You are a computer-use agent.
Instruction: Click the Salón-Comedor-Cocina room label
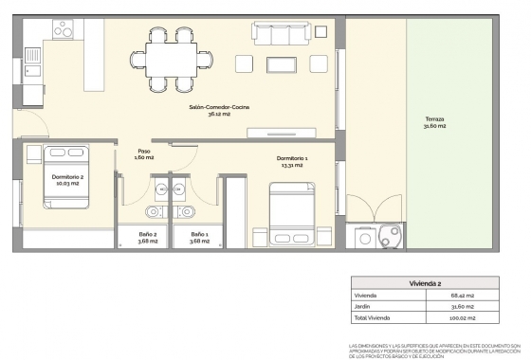pyautogui.click(x=219, y=111)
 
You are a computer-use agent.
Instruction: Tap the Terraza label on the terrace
pyautogui.click(x=435, y=121)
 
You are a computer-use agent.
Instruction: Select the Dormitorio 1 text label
pyautogui.click(x=292, y=161)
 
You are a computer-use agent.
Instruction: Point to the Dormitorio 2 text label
pyautogui.click(x=68, y=181)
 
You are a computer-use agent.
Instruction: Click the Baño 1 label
pyautogui.click(x=198, y=237)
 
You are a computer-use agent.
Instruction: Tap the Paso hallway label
pyautogui.click(x=144, y=153)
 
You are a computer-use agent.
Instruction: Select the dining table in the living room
pyautogui.click(x=172, y=60)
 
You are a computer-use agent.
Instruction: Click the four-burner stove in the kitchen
pyautogui.click(x=64, y=30)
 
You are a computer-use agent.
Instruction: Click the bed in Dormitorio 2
pyautogui.click(x=65, y=176)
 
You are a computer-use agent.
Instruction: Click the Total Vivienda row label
pyautogui.click(x=372, y=318)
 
